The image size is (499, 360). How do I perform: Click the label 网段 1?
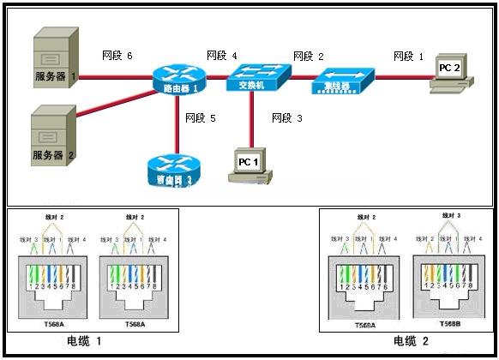click(408, 57)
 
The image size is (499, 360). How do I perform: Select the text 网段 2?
click(308, 57)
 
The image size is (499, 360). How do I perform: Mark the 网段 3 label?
click(287, 117)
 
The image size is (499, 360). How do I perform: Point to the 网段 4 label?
click(222, 57)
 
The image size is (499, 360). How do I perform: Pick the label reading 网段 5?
click(201, 117)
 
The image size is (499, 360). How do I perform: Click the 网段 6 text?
click(117, 57)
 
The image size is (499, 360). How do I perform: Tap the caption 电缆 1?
click(85, 341)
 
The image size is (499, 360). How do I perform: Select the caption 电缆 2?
click(412, 341)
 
